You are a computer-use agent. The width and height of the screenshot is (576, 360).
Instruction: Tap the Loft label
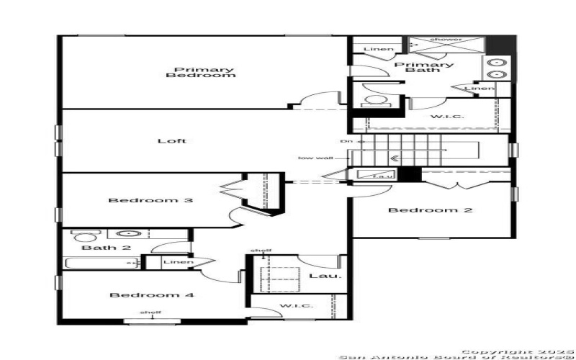pos(172,140)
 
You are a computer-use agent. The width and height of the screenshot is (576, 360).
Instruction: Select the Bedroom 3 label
pos(150,200)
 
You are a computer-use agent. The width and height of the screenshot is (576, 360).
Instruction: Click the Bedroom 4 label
pos(151,295)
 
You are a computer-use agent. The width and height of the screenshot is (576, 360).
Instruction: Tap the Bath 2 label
pos(96,248)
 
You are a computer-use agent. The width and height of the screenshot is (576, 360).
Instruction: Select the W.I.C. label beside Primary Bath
pos(447,117)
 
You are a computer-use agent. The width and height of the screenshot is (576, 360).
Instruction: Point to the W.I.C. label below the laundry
pos(296,306)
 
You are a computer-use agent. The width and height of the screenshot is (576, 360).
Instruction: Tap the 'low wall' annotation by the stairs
pos(315,158)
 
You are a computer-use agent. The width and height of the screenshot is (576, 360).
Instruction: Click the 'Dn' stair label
pos(347,141)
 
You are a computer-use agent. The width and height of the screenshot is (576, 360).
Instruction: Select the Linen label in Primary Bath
pos(379,49)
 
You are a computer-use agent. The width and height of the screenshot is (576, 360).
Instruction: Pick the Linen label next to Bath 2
pos(179,261)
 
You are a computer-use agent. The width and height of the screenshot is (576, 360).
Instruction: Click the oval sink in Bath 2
pos(128,233)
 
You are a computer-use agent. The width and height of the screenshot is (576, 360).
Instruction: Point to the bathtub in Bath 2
pos(101,264)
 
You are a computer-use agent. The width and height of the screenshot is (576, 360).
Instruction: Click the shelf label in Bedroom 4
pos(150,312)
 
